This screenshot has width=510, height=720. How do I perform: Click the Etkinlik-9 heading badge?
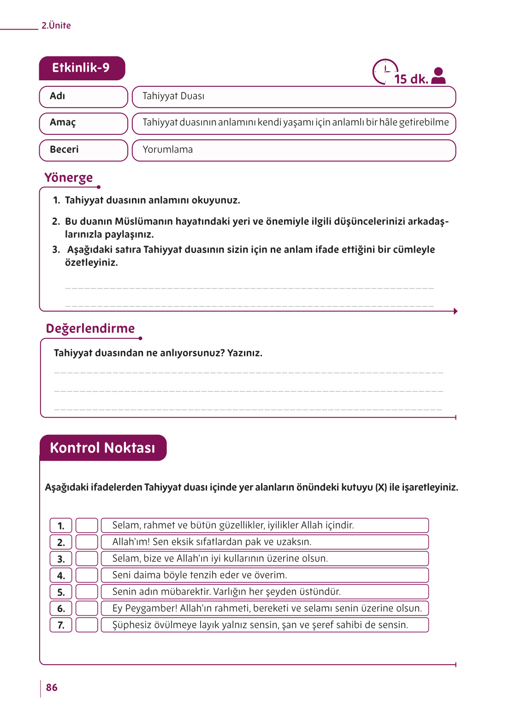pyautogui.click(x=82, y=68)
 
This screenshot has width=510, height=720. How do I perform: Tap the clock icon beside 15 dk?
pyautogui.click(x=385, y=72)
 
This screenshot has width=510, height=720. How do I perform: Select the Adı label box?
pyautogui.click(x=83, y=96)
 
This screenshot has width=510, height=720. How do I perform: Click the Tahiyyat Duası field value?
pyautogui.click(x=173, y=96)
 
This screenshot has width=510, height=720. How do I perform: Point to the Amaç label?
pyautogui.click(x=63, y=123)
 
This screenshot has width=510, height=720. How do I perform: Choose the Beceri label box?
pyautogui.click(x=83, y=150)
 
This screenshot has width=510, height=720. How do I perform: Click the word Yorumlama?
pyautogui.click(x=167, y=150)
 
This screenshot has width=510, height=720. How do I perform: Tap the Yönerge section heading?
pyautogui.click(x=68, y=178)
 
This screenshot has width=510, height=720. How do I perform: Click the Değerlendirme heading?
pyautogui.click(x=90, y=329)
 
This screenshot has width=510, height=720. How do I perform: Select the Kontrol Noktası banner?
pyautogui.click(x=102, y=448)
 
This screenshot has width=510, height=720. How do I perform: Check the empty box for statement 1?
pyautogui.click(x=87, y=525)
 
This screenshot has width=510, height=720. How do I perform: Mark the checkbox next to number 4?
pyautogui.click(x=87, y=575)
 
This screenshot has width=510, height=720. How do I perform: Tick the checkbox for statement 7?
pyautogui.click(x=87, y=625)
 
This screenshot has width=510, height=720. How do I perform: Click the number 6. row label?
pyautogui.click(x=61, y=608)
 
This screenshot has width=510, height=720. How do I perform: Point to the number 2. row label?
pyautogui.click(x=61, y=542)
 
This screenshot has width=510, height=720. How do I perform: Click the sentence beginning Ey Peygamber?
pyautogui.click(x=267, y=608)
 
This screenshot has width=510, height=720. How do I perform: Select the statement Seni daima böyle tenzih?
pyautogui.click(x=199, y=575)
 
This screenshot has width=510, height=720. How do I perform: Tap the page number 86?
pyautogui.click(x=52, y=688)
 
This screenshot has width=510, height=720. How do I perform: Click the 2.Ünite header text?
pyautogui.click(x=56, y=26)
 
